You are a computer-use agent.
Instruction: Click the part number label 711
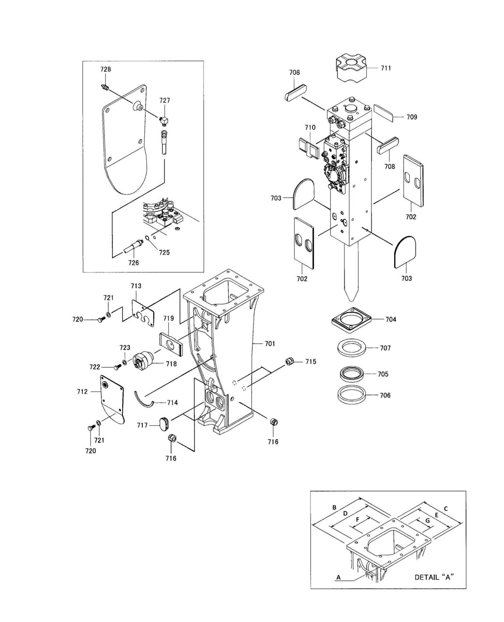[x=385, y=68]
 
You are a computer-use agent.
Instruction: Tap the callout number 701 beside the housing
[x=270, y=344]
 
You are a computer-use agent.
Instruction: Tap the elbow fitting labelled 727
[x=164, y=121]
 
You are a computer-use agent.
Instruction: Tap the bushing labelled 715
[x=289, y=361]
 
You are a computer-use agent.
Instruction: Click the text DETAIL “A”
[x=434, y=577]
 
